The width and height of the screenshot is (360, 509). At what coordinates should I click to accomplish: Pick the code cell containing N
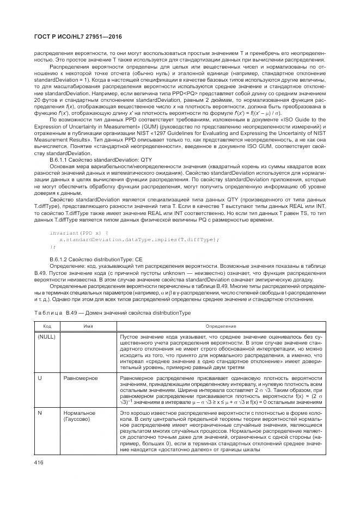(x=39, y=414)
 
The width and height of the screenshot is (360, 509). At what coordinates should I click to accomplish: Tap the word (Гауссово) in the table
(x=77, y=420)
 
